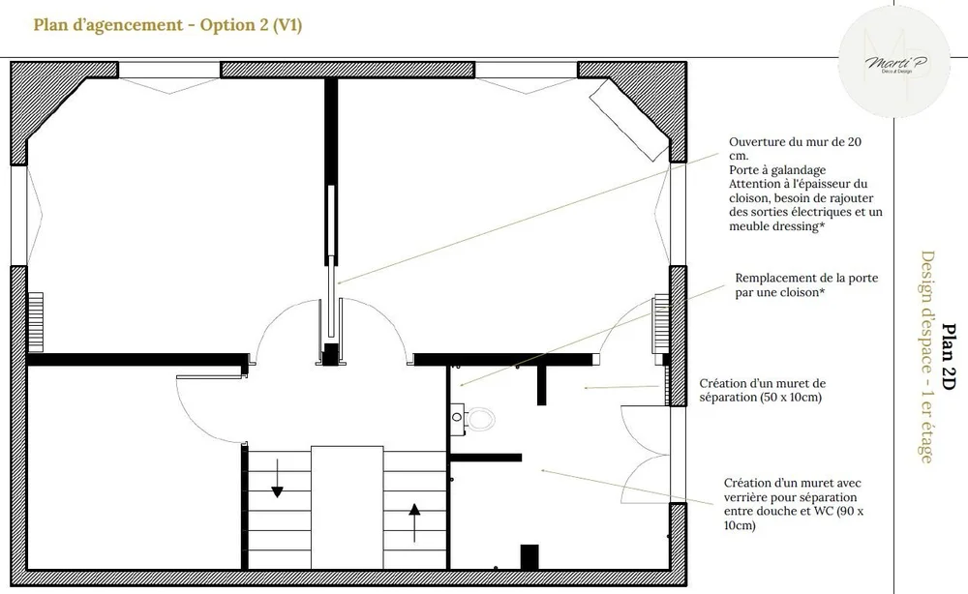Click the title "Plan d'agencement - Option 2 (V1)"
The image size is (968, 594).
coord(167,25)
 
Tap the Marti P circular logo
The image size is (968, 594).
coord(893,62)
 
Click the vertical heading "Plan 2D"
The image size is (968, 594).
coord(949,357)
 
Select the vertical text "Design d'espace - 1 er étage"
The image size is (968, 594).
coord(926,357)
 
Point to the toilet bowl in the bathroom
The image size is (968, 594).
coord(480,420)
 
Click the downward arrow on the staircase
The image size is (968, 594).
coord(277,478)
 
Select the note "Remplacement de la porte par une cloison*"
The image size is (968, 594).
coord(806,285)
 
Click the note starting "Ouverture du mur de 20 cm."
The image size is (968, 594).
coord(805,184)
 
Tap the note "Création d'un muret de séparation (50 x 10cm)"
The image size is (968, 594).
coord(763,390)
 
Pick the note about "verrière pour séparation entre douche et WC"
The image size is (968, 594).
coord(794,504)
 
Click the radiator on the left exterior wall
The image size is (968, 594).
coord(35,322)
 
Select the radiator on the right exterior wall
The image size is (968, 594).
coord(661,323)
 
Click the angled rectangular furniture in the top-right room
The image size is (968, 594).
coord(629,120)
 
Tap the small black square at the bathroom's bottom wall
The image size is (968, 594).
coord(529,557)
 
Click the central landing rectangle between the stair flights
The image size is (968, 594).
coord(347,507)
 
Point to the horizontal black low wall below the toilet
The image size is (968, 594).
coord(486,458)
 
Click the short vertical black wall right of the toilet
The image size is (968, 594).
coord(541,385)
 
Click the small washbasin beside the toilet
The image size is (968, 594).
coord(457,418)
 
